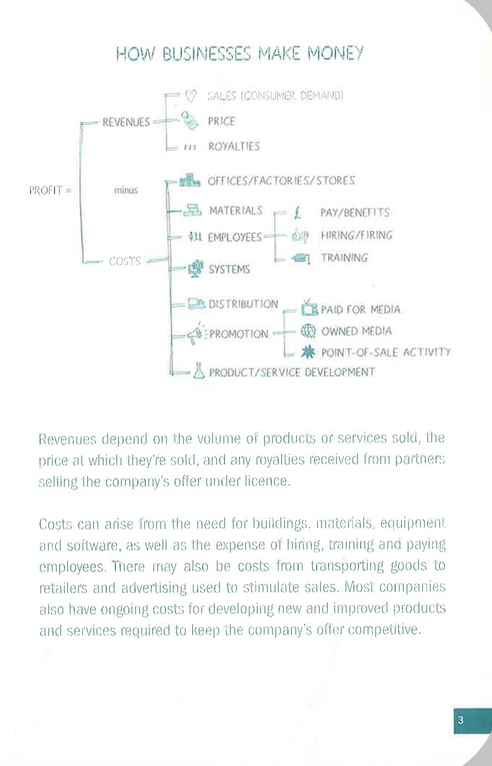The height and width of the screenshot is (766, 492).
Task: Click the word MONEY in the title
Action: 335,53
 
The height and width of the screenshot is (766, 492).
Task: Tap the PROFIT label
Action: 46,190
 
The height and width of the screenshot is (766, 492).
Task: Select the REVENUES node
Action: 126,122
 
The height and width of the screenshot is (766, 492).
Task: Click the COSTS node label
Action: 125,261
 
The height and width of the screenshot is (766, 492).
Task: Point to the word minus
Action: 126,190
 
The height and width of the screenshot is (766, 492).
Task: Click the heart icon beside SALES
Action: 191,96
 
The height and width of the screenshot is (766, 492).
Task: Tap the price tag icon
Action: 190,120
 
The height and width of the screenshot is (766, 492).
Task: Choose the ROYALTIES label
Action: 234,146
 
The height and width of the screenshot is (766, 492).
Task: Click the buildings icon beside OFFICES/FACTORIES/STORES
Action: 190,180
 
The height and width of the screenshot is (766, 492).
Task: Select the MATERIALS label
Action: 236,211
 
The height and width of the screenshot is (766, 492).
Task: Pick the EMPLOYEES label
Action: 235,238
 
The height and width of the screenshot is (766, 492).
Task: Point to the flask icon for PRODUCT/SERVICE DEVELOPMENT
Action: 199,371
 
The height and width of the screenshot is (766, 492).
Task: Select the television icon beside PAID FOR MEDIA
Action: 309,308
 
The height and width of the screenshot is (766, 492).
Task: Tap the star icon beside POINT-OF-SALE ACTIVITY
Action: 308,352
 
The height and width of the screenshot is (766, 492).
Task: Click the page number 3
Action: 461,720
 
